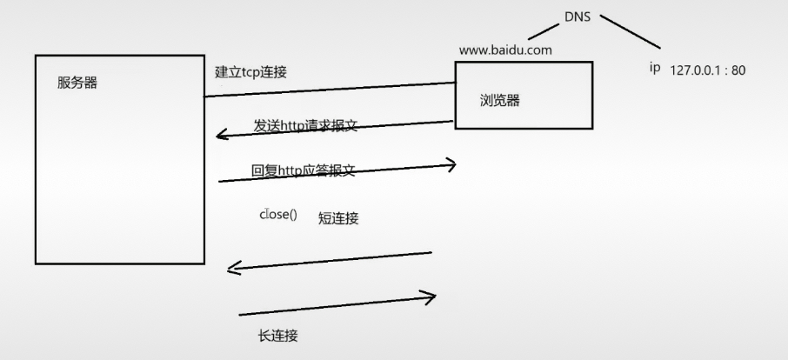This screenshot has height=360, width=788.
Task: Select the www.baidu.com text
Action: [505, 50]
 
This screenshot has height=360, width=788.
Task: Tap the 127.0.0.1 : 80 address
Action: [708, 70]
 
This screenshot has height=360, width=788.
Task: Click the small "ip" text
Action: [655, 68]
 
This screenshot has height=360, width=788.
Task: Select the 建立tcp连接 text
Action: [250, 72]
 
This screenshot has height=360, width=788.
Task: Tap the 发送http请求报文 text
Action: [305, 126]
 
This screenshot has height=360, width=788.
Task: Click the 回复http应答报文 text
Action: [304, 171]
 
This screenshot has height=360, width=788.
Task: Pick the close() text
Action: [278, 214]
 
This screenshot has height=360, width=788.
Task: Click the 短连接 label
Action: [338, 218]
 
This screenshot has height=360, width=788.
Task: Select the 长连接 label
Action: [278, 336]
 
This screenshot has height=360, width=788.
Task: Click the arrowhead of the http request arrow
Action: [223, 135]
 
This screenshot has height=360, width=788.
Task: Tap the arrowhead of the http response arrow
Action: [451, 164]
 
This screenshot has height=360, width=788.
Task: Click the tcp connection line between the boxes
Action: [331, 90]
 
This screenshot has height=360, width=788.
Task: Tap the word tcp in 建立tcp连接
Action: [251, 72]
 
